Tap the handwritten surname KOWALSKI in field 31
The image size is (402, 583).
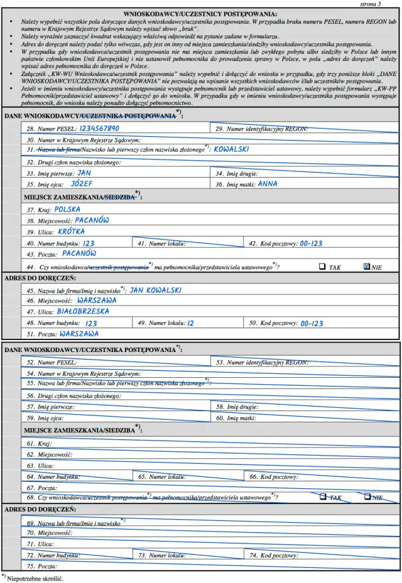[x=231, y=149]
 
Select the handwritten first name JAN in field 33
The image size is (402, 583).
[x=84, y=173]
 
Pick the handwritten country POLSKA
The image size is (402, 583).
[x=67, y=209]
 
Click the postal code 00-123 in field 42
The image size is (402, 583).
[x=311, y=243]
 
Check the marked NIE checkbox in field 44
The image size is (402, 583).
[x=367, y=266]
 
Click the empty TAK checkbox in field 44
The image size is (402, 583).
[x=322, y=266]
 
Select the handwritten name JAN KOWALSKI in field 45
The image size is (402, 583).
[x=155, y=290]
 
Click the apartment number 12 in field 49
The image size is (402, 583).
[x=191, y=323]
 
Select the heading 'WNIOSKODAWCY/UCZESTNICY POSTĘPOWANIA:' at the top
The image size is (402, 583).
[x=200, y=13]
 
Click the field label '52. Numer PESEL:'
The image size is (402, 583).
[x=52, y=363]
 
